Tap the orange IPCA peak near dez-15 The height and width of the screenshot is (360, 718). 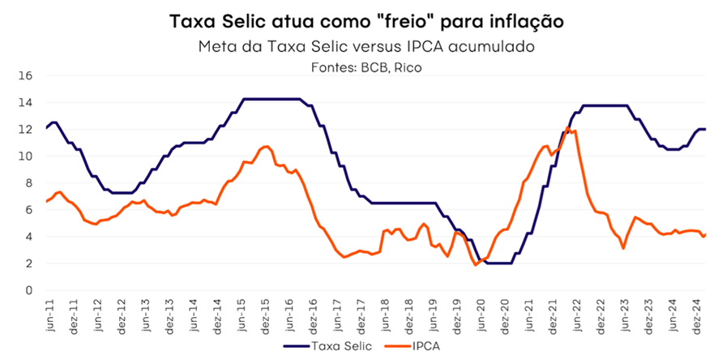click(x=267, y=146)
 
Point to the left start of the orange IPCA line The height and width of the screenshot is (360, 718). click(x=46, y=202)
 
